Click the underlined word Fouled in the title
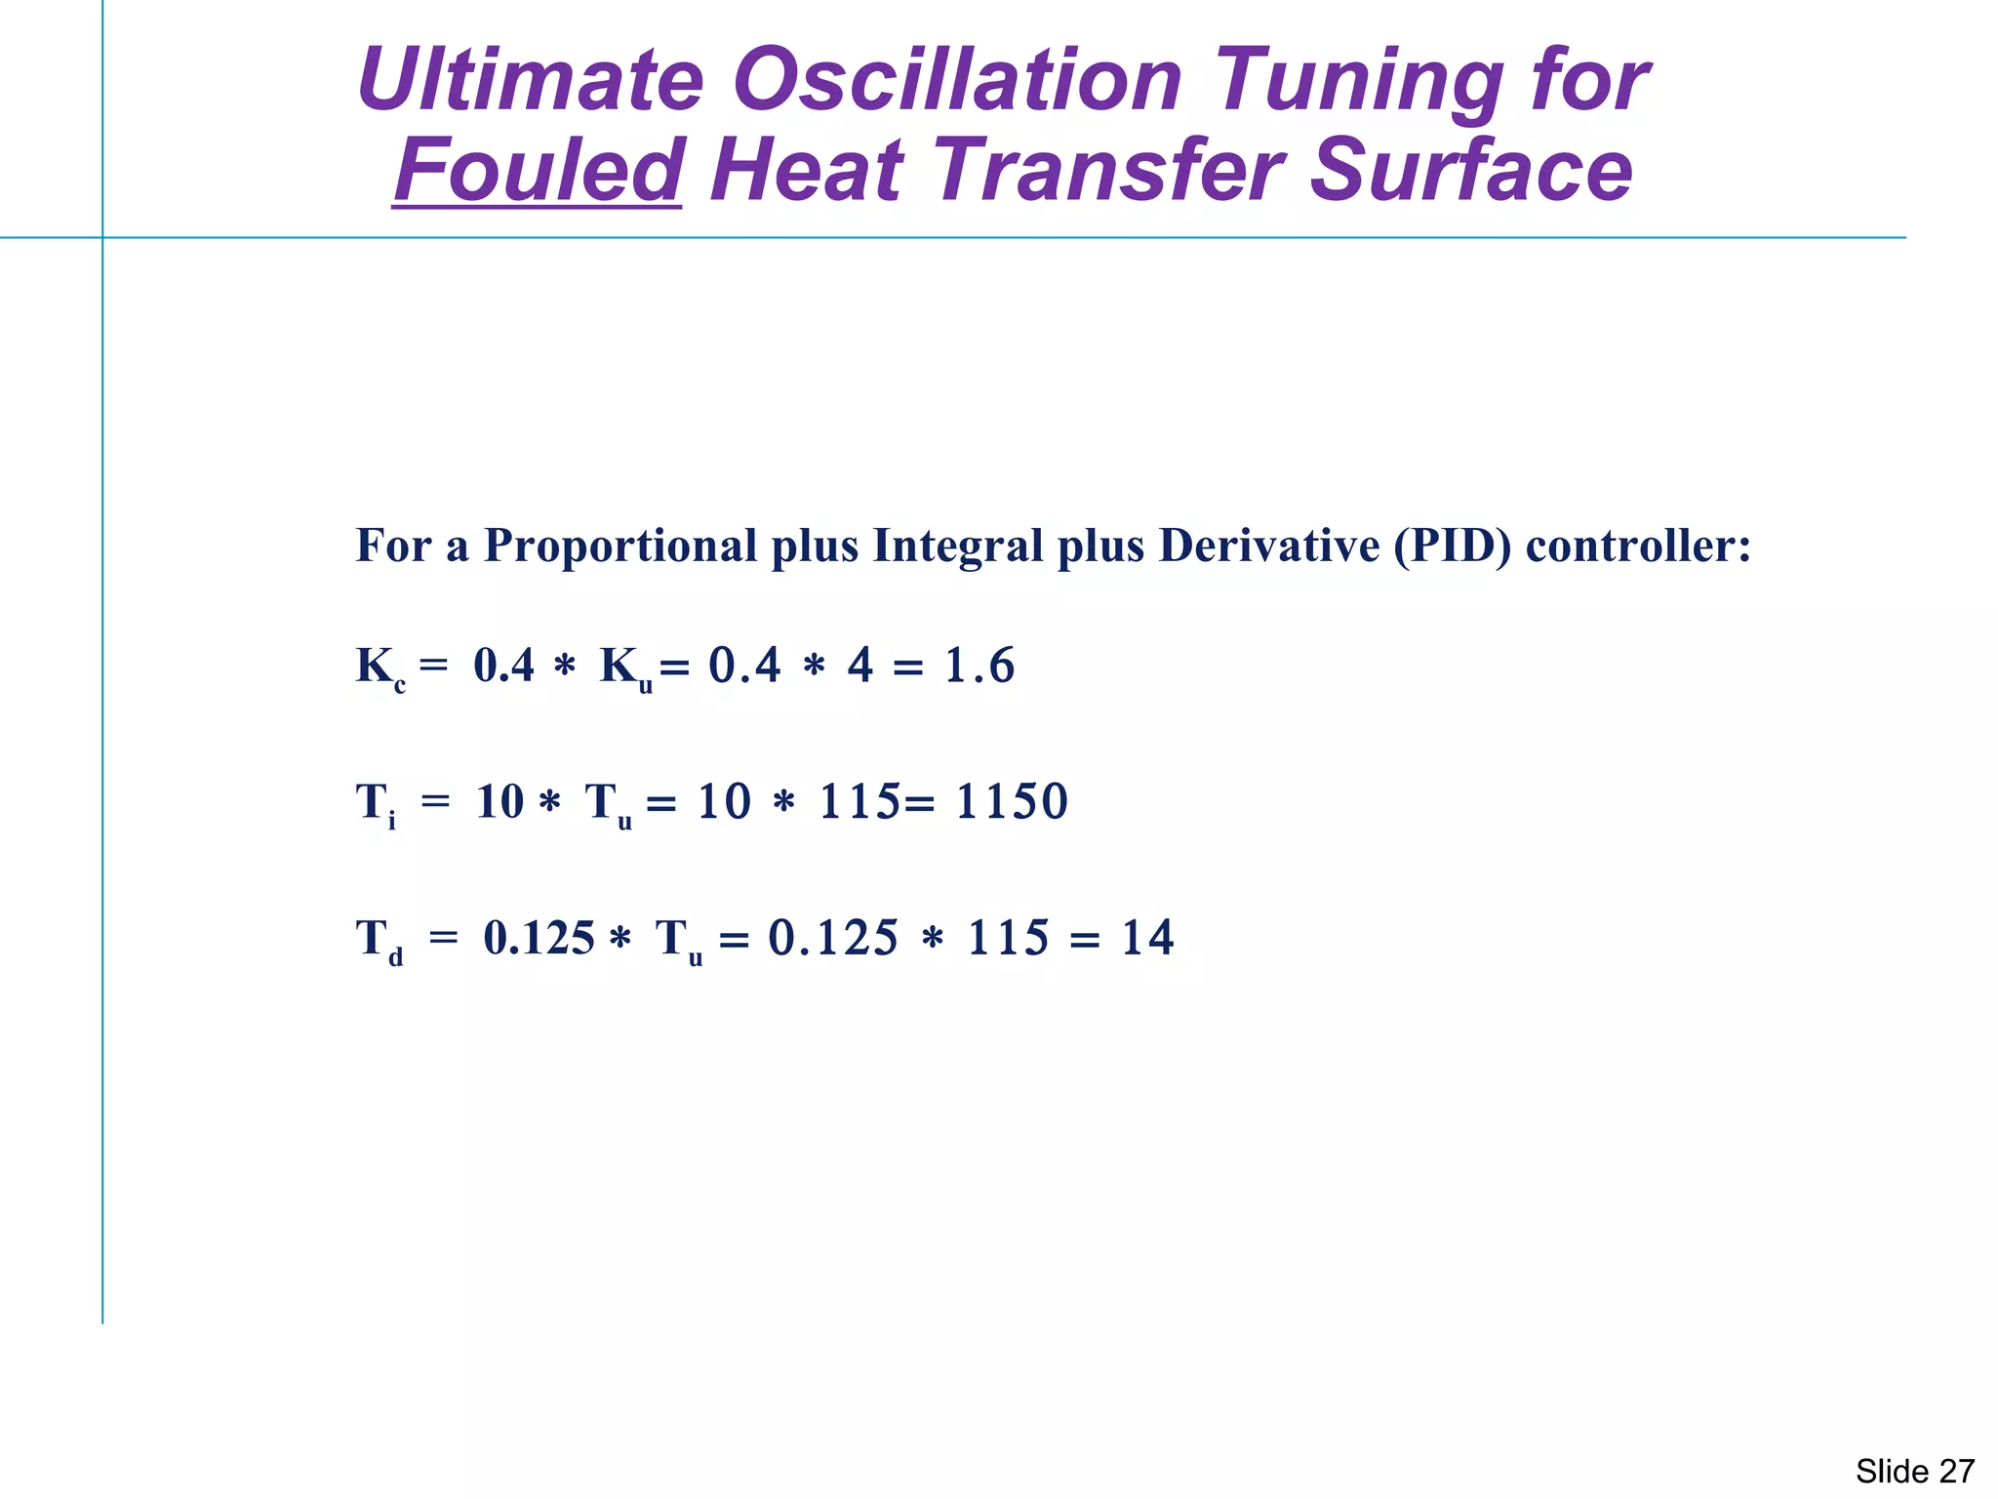pos(538,170)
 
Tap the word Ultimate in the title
pos(530,80)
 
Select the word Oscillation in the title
pos(957,80)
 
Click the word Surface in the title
pos(1470,170)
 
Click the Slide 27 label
pos(1914,1471)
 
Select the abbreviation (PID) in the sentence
pos(1452,546)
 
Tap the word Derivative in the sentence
pos(1268,546)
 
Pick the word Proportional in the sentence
pos(620,546)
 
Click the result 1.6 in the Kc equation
pos(979,667)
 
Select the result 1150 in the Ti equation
pos(1012,802)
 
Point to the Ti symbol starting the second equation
pos(376,805)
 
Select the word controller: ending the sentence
pos(1638,546)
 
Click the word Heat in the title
pos(807,170)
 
